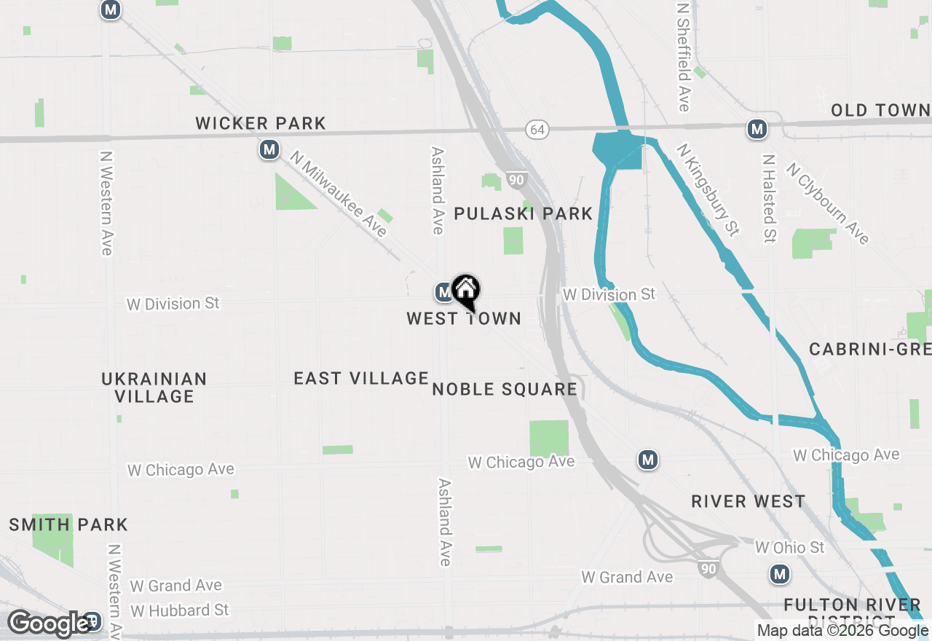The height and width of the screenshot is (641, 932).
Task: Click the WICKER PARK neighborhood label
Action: pyautogui.click(x=260, y=124)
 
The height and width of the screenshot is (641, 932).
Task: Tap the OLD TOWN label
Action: pyautogui.click(x=881, y=111)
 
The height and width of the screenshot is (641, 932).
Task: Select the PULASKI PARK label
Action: pyautogui.click(x=524, y=213)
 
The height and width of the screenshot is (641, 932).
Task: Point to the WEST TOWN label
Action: pyautogui.click(x=464, y=319)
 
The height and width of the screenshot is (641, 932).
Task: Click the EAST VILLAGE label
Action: pyautogui.click(x=361, y=378)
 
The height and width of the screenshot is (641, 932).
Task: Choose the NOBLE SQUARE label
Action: pyautogui.click(x=505, y=389)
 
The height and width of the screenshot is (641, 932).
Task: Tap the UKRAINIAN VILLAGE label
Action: pyautogui.click(x=154, y=388)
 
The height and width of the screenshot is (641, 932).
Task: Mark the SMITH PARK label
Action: pyautogui.click(x=68, y=524)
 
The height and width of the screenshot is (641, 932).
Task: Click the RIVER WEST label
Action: pyautogui.click(x=748, y=502)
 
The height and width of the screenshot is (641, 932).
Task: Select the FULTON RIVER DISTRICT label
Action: pyautogui.click(x=853, y=610)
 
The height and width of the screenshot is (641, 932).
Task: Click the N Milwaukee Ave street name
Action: pyautogui.click(x=338, y=194)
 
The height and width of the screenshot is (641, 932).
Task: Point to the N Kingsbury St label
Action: pyautogui.click(x=708, y=189)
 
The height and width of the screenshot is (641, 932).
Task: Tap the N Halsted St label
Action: pyautogui.click(x=768, y=198)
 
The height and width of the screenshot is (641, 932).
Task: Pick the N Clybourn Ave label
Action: pyautogui.click(x=827, y=203)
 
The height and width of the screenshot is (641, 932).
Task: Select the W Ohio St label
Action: pyautogui.click(x=789, y=547)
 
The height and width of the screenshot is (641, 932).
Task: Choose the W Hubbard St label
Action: pyautogui.click(x=180, y=610)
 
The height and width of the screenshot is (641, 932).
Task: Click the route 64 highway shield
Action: pyautogui.click(x=537, y=130)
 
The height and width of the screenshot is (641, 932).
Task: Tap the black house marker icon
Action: pyautogui.click(x=466, y=291)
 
